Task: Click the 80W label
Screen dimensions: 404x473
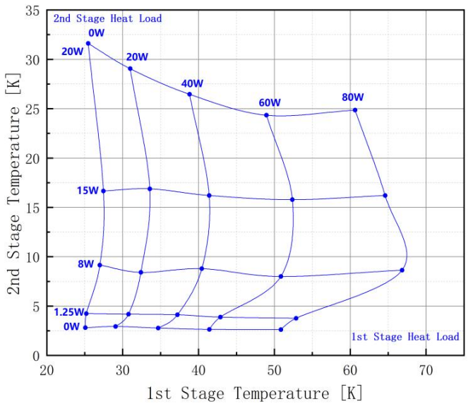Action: [352, 97]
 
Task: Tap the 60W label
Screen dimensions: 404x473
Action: [269, 102]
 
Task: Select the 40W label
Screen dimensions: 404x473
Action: [192, 83]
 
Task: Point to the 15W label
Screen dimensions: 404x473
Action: [87, 190]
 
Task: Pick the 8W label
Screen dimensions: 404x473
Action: [85, 264]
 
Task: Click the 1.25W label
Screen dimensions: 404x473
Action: [69, 311]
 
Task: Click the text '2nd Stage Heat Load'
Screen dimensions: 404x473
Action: [107, 18]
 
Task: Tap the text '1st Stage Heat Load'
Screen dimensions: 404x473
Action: [405, 337]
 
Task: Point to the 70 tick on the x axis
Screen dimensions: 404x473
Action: [426, 370]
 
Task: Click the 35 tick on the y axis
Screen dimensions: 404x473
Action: [32, 11]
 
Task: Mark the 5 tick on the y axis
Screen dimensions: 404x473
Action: [36, 306]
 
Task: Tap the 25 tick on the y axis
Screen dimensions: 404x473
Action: [32, 109]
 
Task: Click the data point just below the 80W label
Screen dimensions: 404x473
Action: [355, 110]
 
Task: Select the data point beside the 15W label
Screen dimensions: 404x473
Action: [104, 191]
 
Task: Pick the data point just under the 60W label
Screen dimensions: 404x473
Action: [267, 115]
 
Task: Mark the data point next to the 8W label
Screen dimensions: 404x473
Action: [100, 265]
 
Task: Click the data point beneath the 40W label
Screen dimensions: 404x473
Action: [190, 94]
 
